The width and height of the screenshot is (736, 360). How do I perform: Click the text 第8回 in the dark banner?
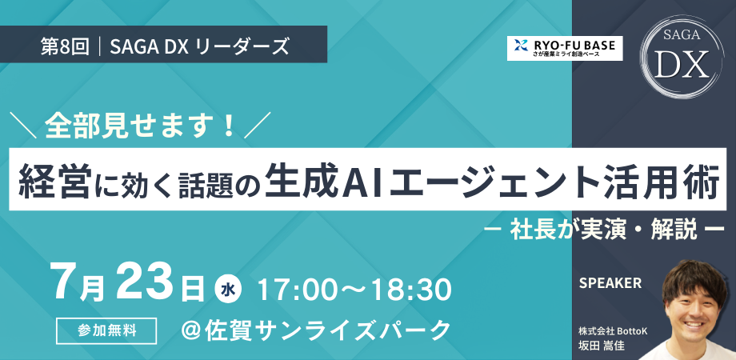(x=65, y=48)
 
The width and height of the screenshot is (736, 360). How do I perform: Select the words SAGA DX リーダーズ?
(x=200, y=48)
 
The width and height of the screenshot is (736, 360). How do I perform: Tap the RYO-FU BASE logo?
(x=565, y=48)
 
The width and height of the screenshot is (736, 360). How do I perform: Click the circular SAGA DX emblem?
(x=682, y=58)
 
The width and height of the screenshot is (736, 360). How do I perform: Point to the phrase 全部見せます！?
(x=140, y=126)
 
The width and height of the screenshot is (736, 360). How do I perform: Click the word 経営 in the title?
(x=52, y=180)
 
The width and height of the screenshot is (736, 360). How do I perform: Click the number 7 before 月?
(x=66, y=283)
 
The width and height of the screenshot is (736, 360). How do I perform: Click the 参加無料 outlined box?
(x=106, y=330)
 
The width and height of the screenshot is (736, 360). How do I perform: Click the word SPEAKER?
(x=610, y=283)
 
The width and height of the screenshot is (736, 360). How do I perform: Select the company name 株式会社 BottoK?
(x=613, y=331)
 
